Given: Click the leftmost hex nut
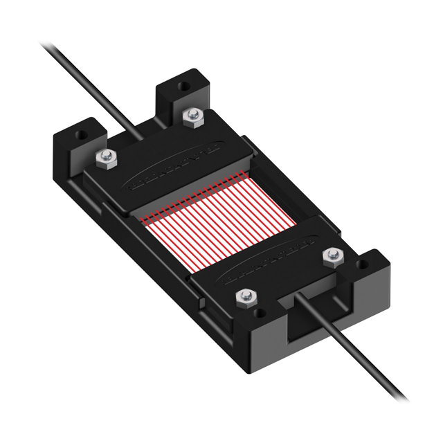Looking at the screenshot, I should click(105, 159).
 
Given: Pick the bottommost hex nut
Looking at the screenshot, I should click(244, 298).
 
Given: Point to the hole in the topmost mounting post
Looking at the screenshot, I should click(184, 87).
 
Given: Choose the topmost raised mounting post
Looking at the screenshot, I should click(181, 93).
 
